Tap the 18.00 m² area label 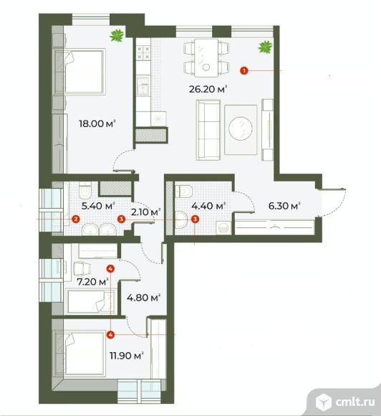[x=97, y=123]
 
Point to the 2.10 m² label [x=145, y=212]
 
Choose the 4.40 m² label [x=208, y=206]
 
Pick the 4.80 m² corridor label [x=144, y=297]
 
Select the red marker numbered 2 [x=75, y=219]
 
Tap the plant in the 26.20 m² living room [x=265, y=47]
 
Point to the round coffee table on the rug [x=241, y=129]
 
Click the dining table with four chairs [x=207, y=57]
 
